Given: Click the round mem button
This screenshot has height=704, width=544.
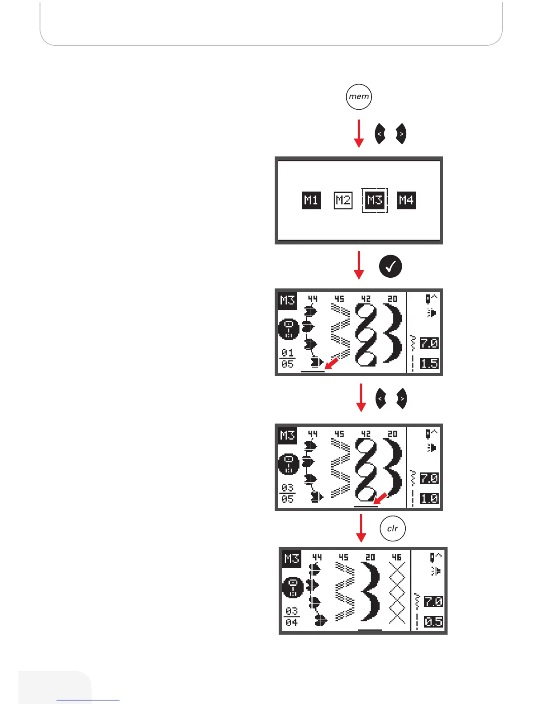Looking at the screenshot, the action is coord(359,96).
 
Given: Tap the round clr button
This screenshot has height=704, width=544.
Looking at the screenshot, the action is coord(392,528).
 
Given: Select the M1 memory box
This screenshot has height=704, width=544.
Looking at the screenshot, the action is coord(311,200).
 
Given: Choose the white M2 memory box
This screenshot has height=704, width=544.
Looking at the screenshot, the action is coord(343,200).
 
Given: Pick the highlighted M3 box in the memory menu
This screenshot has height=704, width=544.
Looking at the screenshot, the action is coord(375,200).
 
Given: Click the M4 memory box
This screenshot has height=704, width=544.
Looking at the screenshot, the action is coord(406,200).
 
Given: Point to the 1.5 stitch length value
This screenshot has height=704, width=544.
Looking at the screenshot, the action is coord(429,364).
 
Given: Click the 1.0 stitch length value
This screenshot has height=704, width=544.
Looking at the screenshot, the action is coord(429,499).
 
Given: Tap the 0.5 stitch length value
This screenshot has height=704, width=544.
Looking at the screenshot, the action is coord(433,622).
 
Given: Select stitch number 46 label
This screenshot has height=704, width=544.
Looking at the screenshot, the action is coord(396,557).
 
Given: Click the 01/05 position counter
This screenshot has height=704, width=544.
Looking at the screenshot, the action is coord(288,358).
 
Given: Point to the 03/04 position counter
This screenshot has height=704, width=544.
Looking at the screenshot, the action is coord(292,617).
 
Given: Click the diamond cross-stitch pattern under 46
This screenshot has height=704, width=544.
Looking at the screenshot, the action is coord(397,593).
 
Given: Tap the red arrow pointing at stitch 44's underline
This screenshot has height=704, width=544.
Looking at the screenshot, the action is coord(332,362).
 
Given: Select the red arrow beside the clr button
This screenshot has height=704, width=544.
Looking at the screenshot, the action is coord(361,528).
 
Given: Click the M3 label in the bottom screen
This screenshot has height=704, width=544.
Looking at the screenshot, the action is coord(292,559).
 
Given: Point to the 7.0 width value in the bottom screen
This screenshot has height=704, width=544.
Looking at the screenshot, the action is coord(433,602).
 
